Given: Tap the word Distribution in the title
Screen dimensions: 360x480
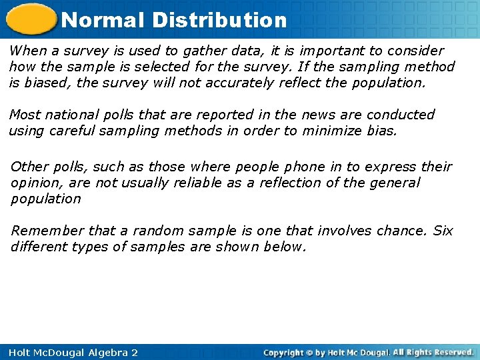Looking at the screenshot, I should [219, 19].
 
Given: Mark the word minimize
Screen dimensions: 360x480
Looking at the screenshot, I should [332, 131].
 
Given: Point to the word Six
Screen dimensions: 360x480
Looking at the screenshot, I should [443, 231].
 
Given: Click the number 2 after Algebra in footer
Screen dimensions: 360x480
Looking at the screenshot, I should [133, 352].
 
